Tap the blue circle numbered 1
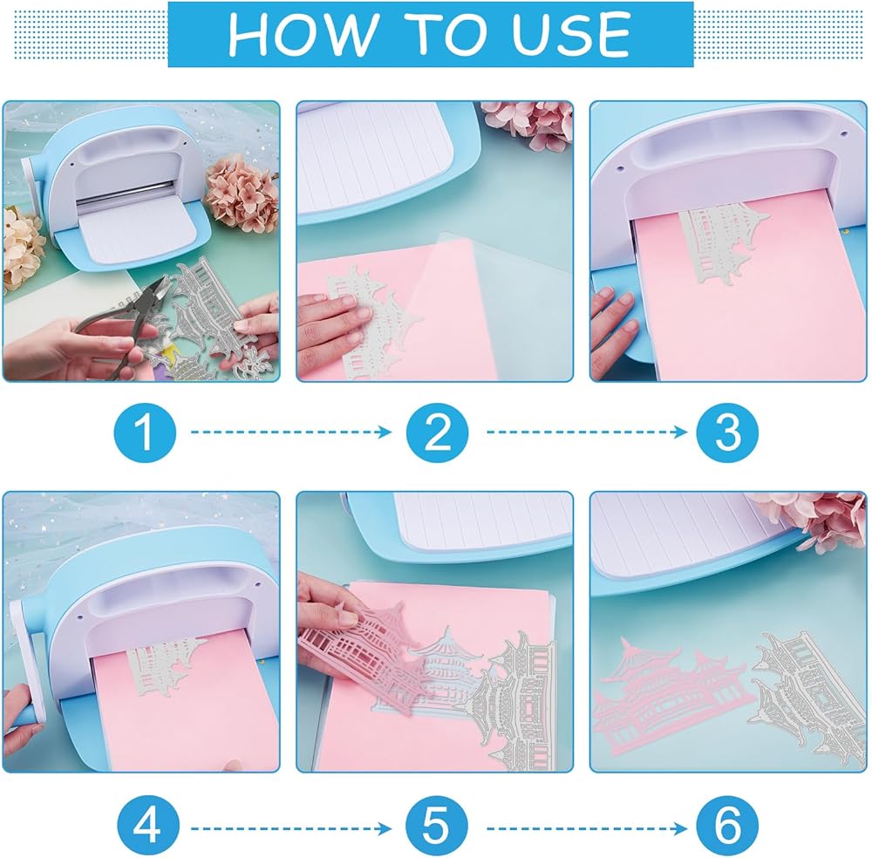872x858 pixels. [145, 432]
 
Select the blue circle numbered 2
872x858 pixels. [437, 432]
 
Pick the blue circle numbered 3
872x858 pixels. [727, 432]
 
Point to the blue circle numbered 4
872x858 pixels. [148, 826]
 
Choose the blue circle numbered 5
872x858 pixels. [437, 826]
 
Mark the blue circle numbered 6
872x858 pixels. [727, 826]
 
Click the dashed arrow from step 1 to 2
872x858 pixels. [291, 432]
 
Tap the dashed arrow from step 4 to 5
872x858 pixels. [291, 829]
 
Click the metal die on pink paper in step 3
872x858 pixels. [723, 242]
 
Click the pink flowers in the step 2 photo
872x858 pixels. [528, 125]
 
